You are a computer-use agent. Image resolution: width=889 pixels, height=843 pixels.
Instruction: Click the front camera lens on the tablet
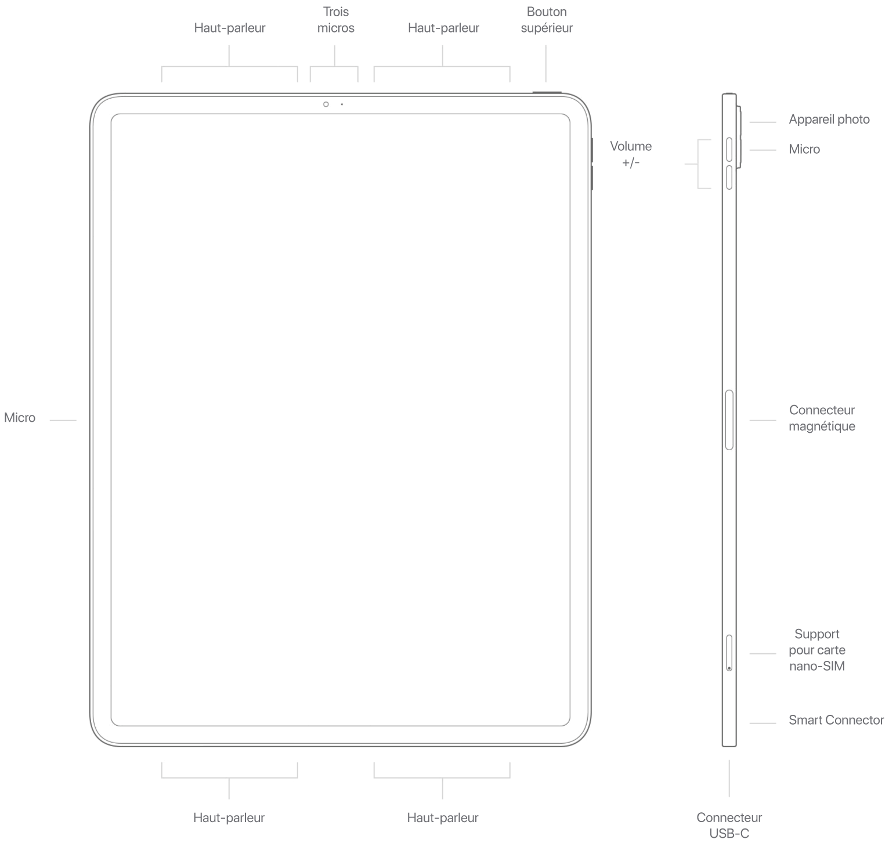(327, 104)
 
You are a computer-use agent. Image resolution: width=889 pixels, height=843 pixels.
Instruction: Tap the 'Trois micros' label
(336, 20)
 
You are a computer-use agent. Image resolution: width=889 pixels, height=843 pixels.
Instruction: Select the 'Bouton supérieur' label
(547, 20)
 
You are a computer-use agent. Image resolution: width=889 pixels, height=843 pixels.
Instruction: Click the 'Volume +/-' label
(631, 154)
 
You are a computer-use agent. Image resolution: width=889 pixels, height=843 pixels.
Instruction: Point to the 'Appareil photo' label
(829, 120)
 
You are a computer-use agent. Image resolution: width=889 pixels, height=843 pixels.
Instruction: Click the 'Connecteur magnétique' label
(822, 418)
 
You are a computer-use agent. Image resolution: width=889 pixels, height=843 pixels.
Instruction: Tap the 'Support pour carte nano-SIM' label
(817, 650)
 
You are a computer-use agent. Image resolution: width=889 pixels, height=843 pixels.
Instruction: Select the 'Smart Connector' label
(836, 720)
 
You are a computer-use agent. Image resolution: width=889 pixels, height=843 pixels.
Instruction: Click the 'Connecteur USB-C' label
(729, 825)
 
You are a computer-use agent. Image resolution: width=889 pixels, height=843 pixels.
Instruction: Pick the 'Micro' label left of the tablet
(20, 418)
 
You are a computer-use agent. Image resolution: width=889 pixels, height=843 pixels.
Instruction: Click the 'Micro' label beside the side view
(804, 149)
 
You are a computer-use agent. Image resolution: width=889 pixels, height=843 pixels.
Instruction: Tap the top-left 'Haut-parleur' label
(230, 28)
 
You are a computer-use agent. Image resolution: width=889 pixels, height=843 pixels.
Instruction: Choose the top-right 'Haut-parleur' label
(443, 28)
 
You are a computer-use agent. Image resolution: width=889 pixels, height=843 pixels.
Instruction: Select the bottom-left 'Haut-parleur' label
(229, 817)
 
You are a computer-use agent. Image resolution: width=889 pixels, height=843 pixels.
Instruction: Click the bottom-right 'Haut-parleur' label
(443, 817)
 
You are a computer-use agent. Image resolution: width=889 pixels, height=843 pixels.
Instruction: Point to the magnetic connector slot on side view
(729, 419)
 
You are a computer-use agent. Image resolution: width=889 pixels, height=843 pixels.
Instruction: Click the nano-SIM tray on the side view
(729, 653)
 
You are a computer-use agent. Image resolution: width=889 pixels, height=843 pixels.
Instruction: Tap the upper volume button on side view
(729, 149)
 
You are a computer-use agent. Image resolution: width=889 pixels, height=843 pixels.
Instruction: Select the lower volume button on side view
(729, 177)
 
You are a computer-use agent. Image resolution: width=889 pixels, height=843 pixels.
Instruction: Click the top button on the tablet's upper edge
(546, 92)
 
